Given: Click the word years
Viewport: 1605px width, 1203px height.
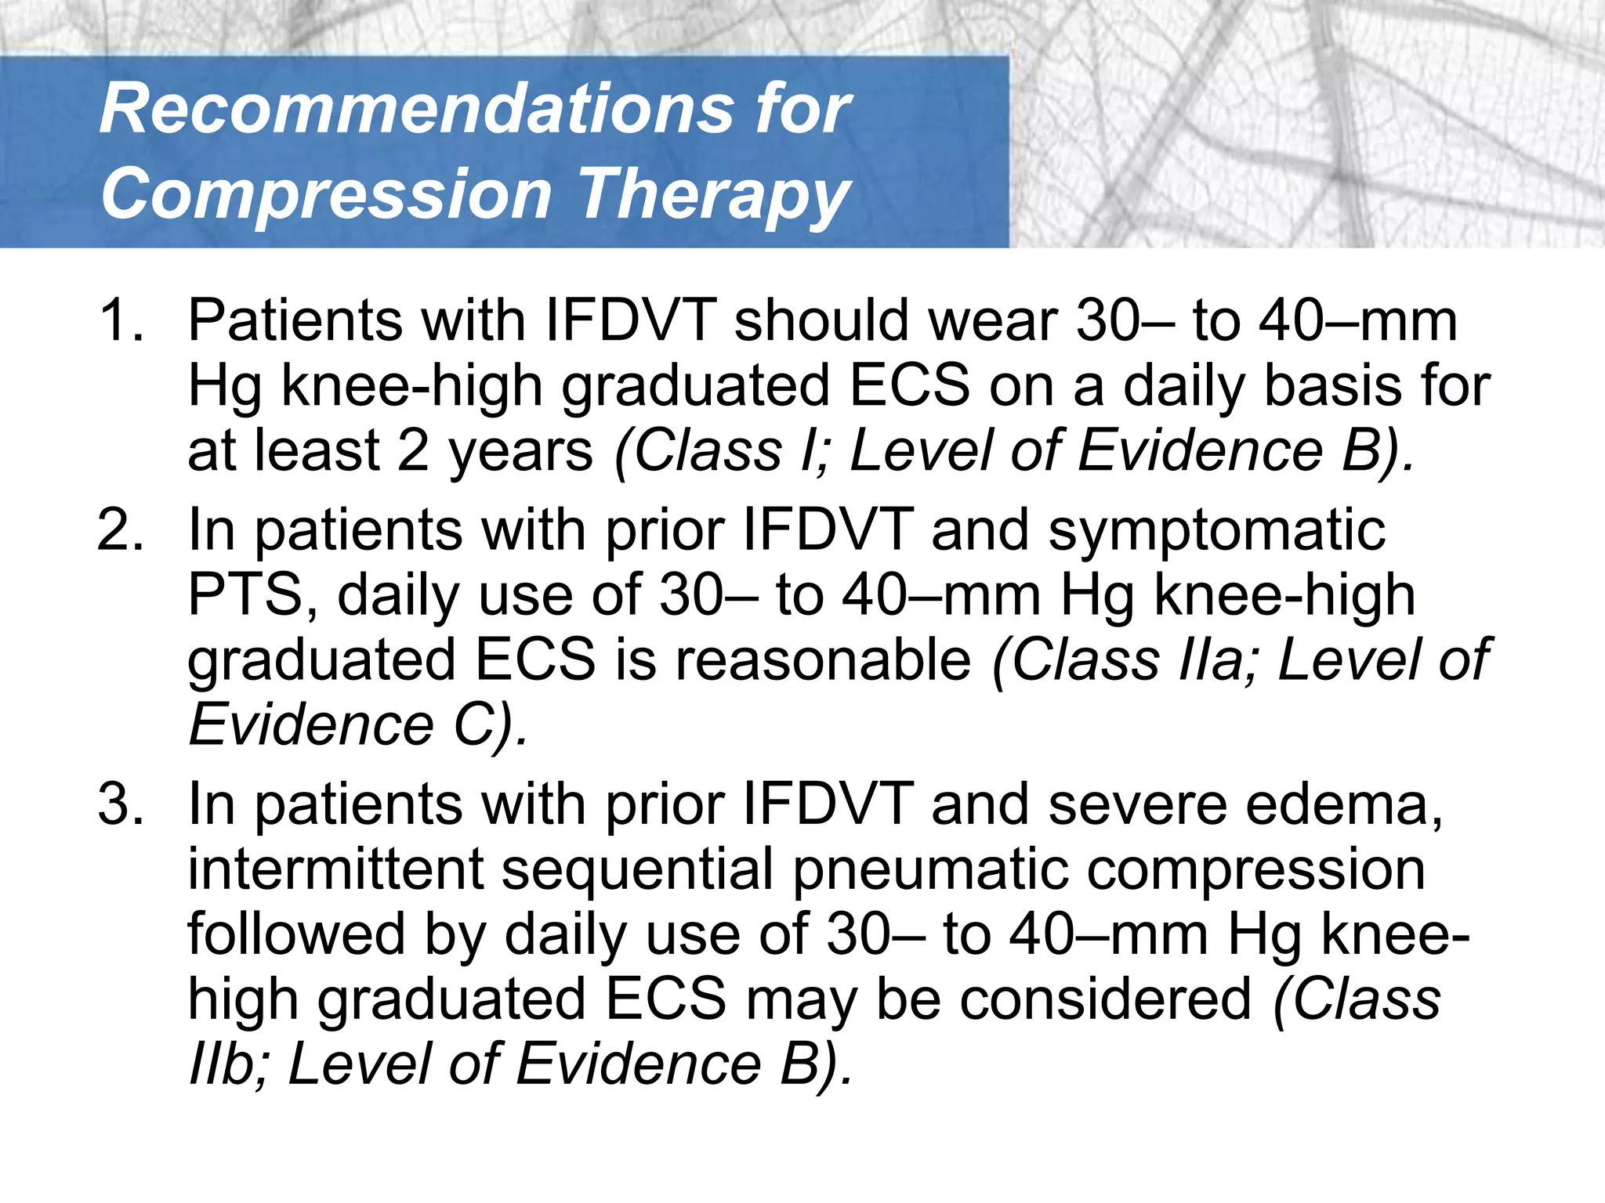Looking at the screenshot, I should tap(520, 451).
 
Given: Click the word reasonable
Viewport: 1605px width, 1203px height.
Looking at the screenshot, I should tap(823, 660).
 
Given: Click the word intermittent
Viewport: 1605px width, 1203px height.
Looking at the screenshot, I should tap(335, 869).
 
